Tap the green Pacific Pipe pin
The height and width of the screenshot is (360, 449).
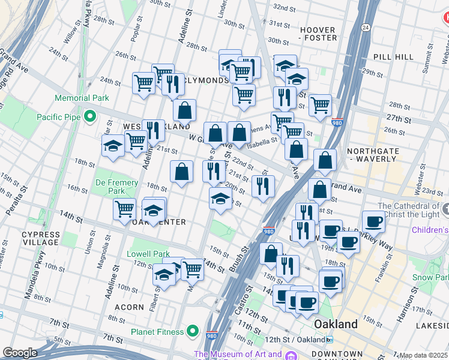tap(90, 116)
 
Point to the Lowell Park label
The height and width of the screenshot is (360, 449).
tap(149, 254)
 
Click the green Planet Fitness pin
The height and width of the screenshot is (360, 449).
tap(192, 330)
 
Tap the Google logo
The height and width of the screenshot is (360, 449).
tap(20, 353)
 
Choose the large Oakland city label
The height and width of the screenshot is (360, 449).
tap(336, 324)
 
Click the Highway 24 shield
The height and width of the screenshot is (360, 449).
tap(365, 27)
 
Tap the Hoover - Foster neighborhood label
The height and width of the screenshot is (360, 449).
tap(318, 34)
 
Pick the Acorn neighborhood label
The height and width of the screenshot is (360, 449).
tap(129, 307)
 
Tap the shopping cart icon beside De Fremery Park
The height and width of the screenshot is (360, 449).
tap(124, 209)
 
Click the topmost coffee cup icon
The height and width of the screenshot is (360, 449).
tap(373, 221)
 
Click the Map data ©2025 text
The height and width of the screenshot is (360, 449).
tap(424, 355)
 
